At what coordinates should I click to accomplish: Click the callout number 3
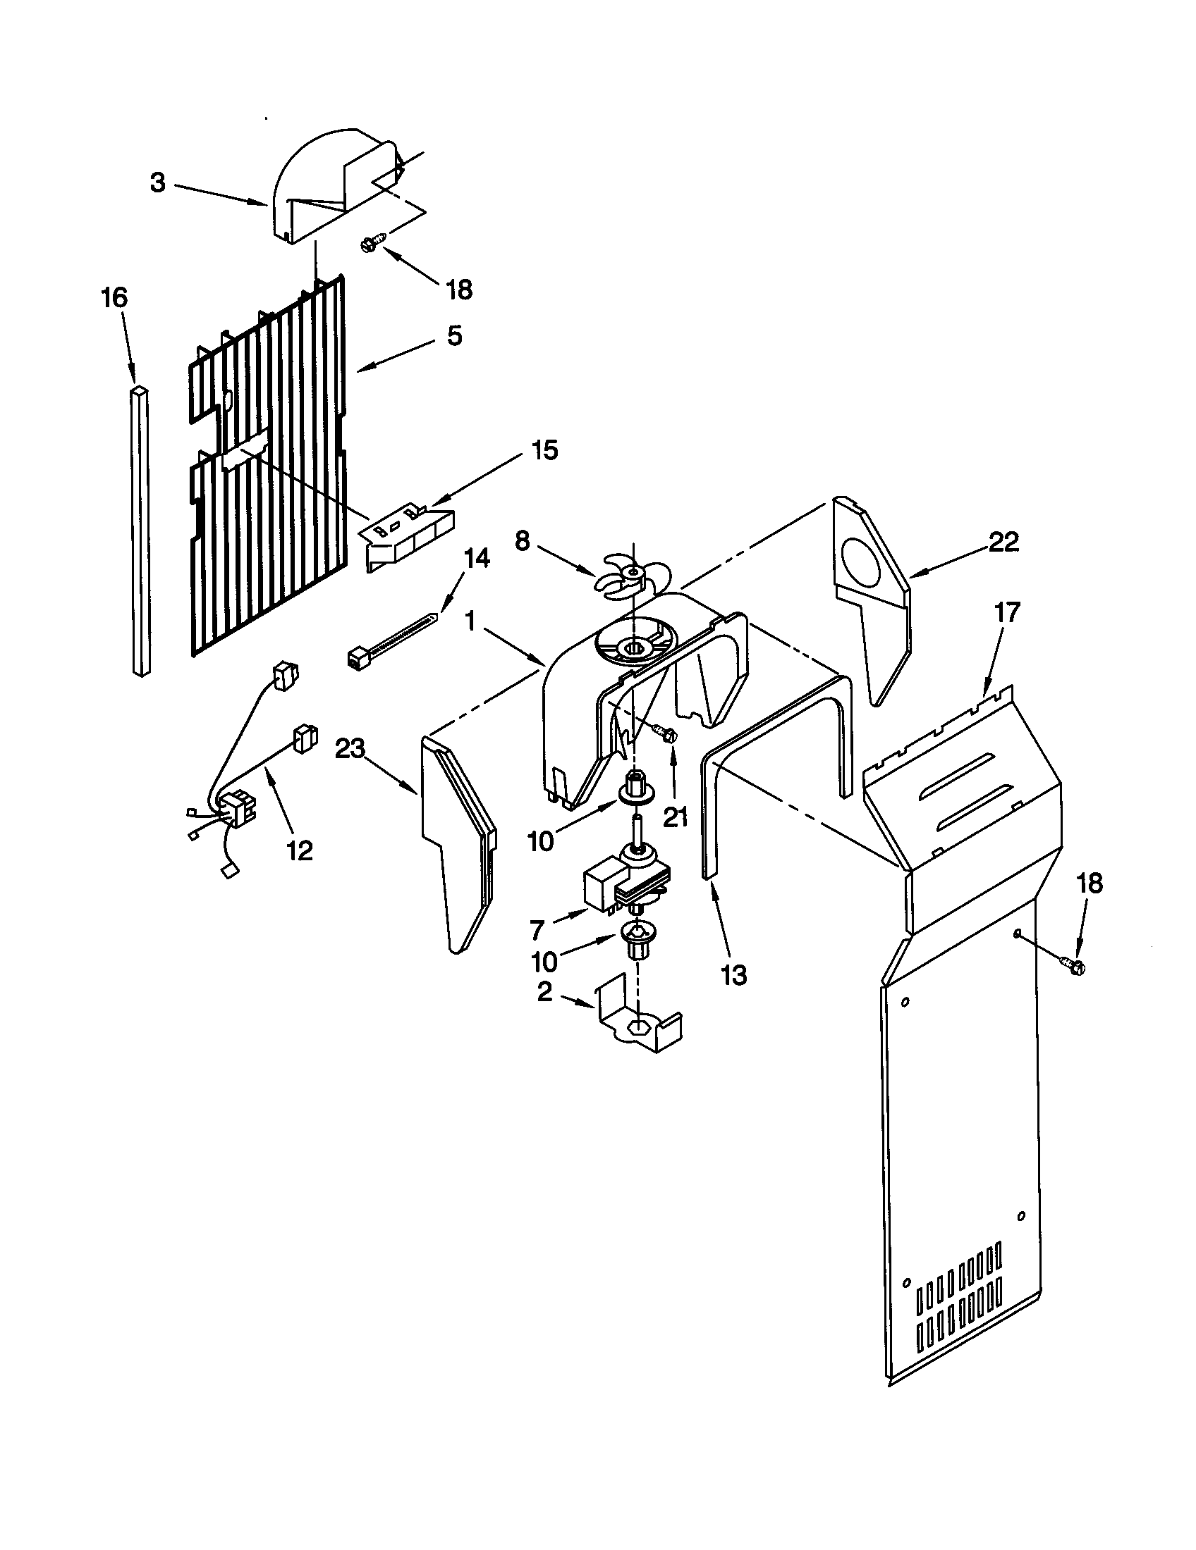pos(158,183)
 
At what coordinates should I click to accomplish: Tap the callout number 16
pos(115,297)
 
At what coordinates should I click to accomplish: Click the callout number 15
pos(544,450)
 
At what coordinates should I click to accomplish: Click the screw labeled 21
pos(668,736)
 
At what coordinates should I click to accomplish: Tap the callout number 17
pos(1006,612)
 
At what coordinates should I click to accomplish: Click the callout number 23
pos(350,748)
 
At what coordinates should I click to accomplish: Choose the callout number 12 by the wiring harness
pos(300,850)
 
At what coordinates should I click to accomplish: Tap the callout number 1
pos(469,622)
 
